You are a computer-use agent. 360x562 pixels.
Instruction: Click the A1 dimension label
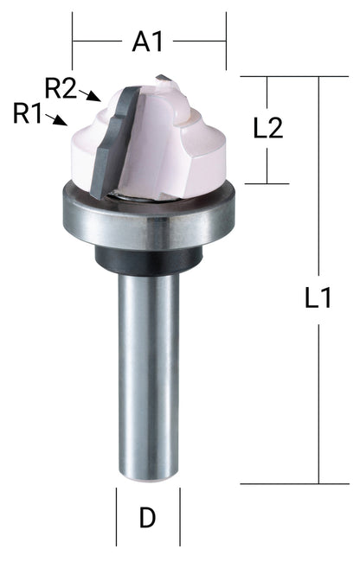(149, 42)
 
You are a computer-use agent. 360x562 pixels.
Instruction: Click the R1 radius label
(28, 112)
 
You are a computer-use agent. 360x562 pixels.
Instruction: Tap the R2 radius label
(61, 87)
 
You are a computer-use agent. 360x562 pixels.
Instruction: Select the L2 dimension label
(269, 129)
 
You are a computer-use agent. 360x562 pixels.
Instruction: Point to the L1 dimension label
(319, 299)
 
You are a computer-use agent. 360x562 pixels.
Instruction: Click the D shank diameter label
(148, 518)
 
